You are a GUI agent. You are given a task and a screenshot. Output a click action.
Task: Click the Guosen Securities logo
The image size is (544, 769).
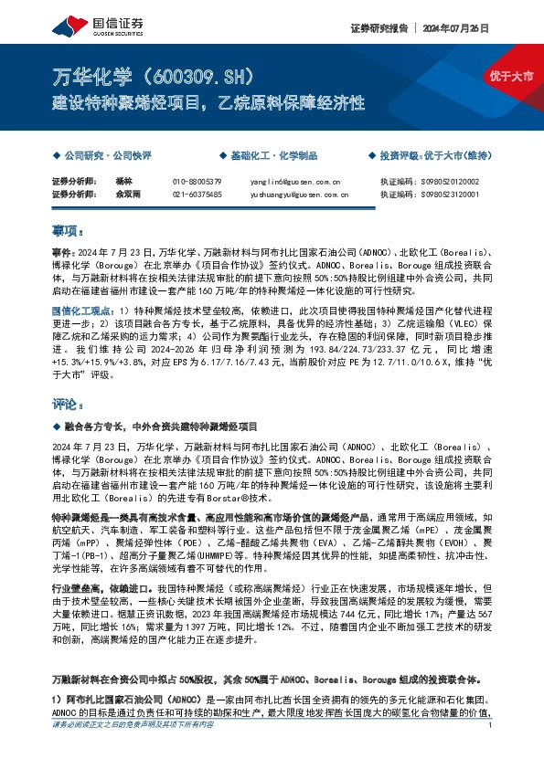pos(88,26)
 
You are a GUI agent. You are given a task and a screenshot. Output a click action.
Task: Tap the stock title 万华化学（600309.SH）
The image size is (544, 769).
pos(156,75)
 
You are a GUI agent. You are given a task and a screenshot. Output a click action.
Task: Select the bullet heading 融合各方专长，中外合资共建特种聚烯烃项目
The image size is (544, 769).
pos(160,427)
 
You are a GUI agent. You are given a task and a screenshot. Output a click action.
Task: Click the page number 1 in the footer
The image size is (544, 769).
pos(491,750)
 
